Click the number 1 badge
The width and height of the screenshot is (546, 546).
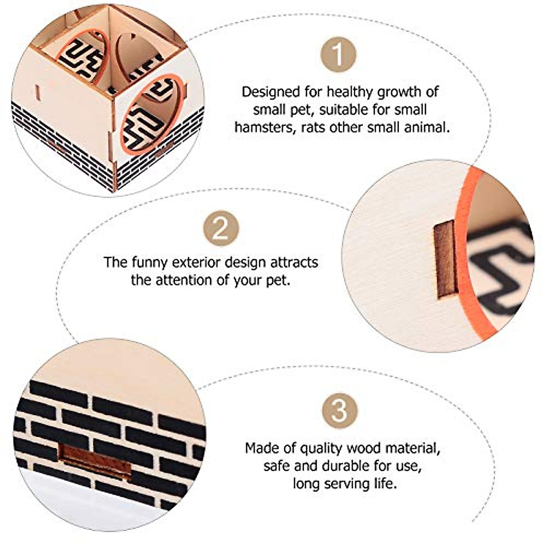click(338, 55)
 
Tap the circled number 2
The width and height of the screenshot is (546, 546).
click(221, 228)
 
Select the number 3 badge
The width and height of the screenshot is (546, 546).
click(339, 411)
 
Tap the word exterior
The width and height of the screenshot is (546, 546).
click(196, 263)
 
